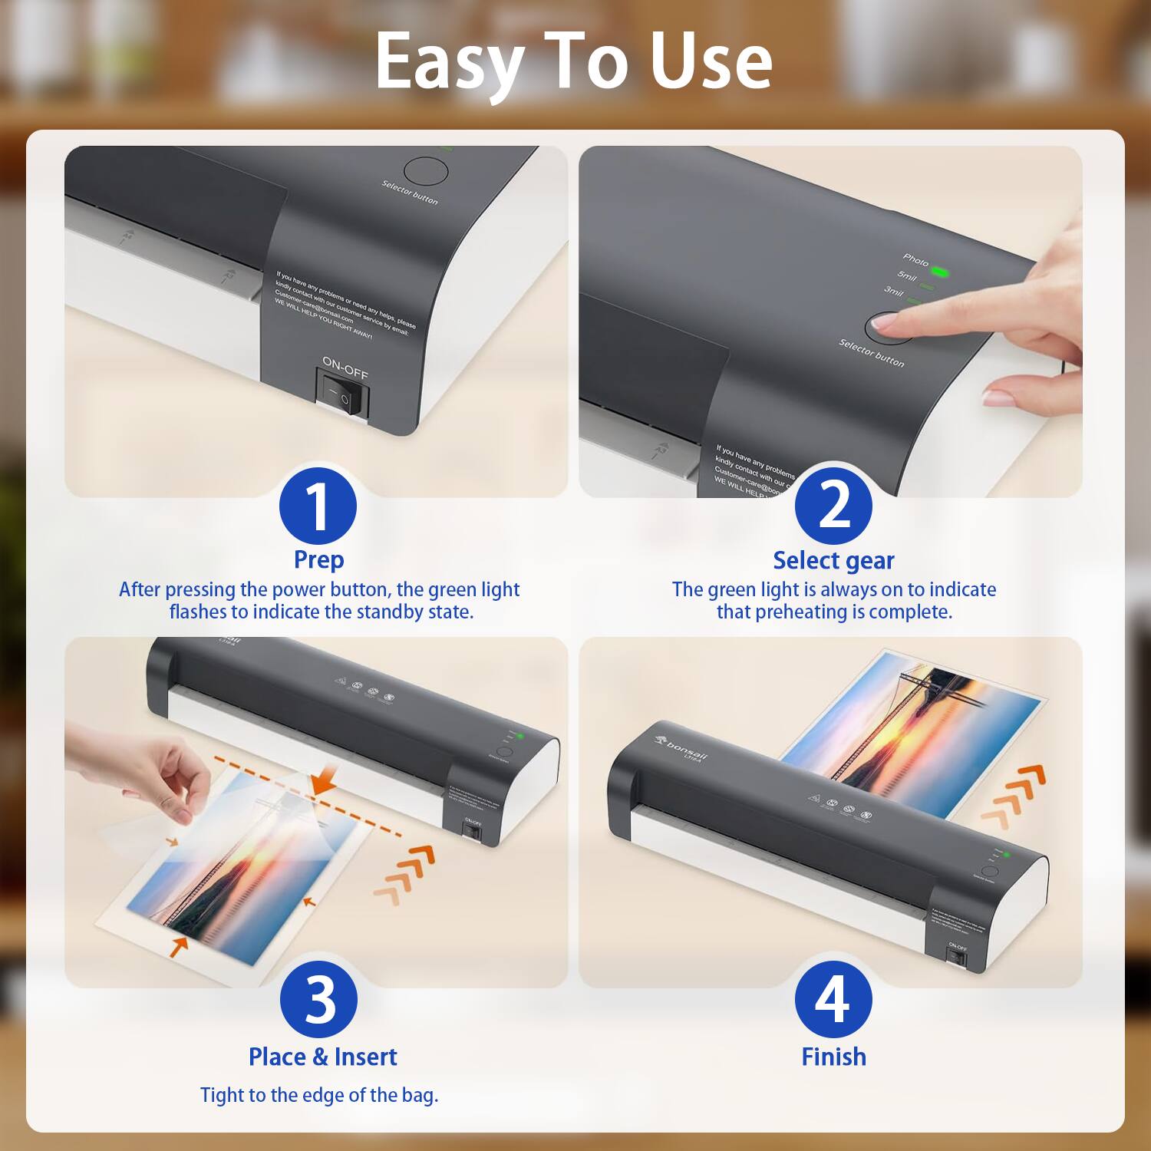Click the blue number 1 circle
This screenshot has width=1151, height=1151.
tap(318, 507)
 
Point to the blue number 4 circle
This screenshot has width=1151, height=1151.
tap(833, 999)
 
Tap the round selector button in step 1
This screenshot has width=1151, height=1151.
tap(426, 172)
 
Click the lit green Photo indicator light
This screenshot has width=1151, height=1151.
tap(941, 272)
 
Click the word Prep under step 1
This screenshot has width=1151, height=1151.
tap(318, 559)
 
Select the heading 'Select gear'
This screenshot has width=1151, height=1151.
tap(833, 560)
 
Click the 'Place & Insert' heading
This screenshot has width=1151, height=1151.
tap(322, 1057)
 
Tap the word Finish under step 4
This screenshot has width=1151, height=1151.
tap(833, 1057)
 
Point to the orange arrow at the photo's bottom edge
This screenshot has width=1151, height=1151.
tap(180, 945)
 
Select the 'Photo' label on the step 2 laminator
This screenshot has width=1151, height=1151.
tap(915, 260)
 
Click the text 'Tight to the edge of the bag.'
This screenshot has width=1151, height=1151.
tap(319, 1095)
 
